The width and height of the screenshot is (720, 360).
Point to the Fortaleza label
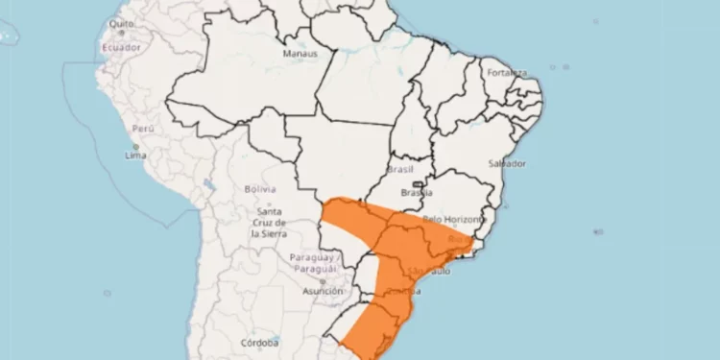click(x=506, y=72)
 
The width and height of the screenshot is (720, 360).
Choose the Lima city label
click(x=135, y=155)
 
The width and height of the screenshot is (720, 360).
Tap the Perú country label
click(x=143, y=128)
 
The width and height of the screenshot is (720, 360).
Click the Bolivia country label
click(x=259, y=189)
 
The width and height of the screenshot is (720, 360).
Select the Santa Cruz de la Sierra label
click(x=268, y=222)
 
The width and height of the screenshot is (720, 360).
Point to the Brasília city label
click(x=418, y=192)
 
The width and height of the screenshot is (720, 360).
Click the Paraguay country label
click(x=313, y=263)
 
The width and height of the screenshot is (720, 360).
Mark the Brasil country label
click(x=398, y=169)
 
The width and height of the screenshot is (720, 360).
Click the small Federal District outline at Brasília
click(x=418, y=183)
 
